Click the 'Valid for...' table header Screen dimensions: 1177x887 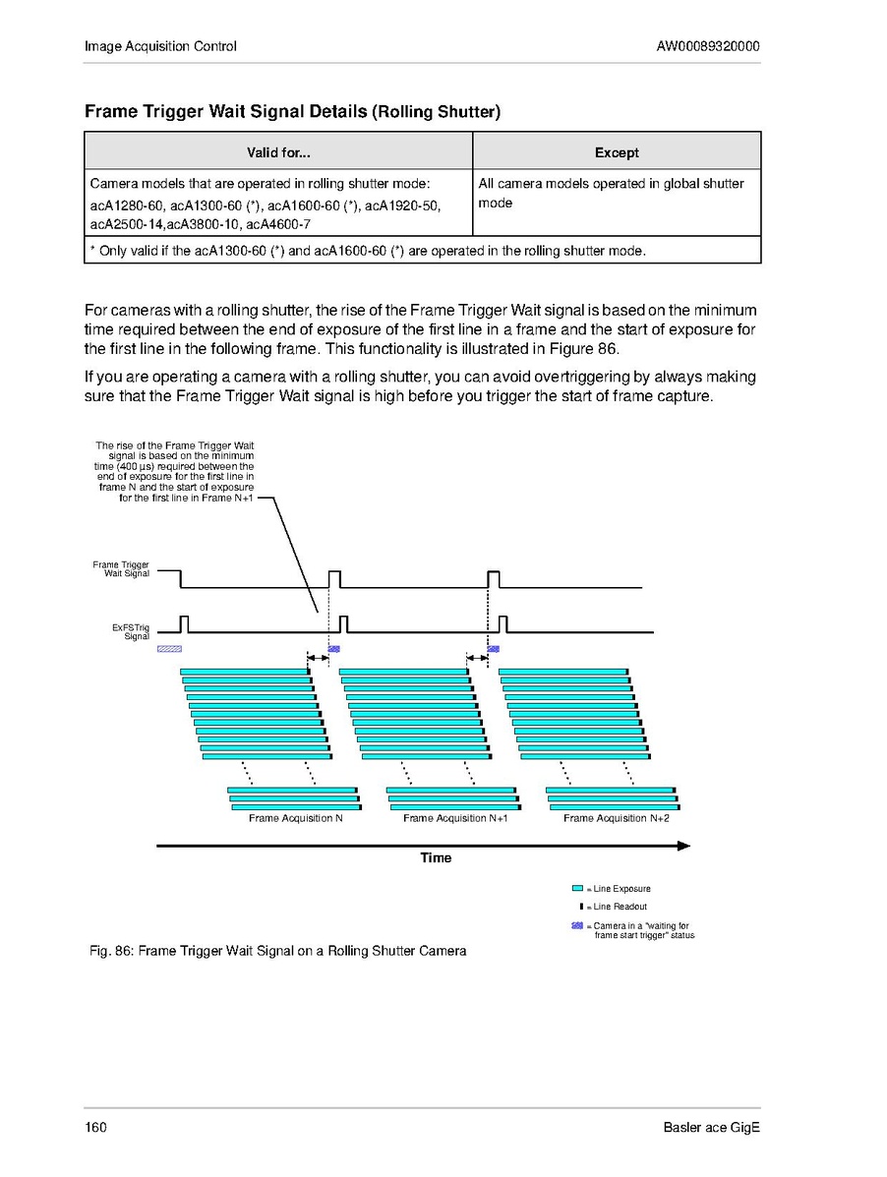278,152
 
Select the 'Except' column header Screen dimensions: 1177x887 617,152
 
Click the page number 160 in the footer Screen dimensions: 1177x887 95,1127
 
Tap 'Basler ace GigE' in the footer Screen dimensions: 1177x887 711,1127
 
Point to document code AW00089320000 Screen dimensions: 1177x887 708,46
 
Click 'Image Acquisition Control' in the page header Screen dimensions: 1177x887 160,46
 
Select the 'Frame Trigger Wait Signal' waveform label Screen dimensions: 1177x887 121,569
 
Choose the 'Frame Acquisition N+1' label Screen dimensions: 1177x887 454,818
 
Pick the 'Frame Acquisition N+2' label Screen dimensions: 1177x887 616,818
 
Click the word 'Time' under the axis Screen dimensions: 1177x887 436,858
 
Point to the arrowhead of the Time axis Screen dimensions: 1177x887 684,845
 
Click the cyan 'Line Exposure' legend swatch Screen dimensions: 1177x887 577,889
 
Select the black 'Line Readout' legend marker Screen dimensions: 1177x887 581,907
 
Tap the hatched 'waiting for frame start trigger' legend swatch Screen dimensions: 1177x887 577,926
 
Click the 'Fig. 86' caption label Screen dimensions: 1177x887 110,951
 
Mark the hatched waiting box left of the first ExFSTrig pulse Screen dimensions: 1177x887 169,649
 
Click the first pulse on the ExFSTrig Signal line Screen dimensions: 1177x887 184,623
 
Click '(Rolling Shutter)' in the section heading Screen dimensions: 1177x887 436,112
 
